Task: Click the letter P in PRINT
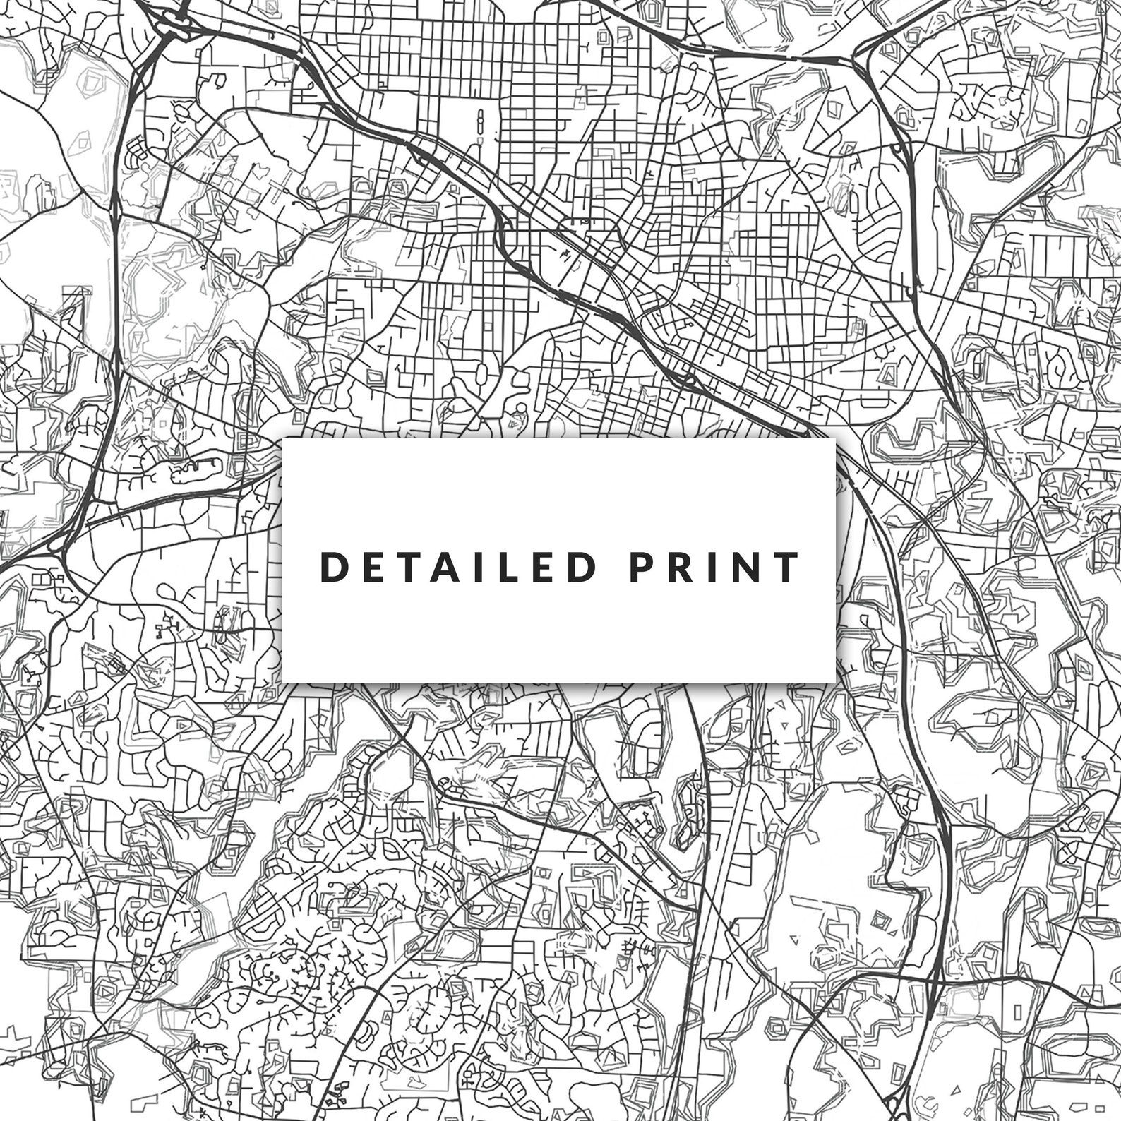point(640,567)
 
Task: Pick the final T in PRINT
point(787,567)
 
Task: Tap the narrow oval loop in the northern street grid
point(481,124)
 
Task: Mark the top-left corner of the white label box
point(283,438)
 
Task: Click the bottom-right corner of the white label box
point(835,681)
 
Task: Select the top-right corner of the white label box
point(835,438)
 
